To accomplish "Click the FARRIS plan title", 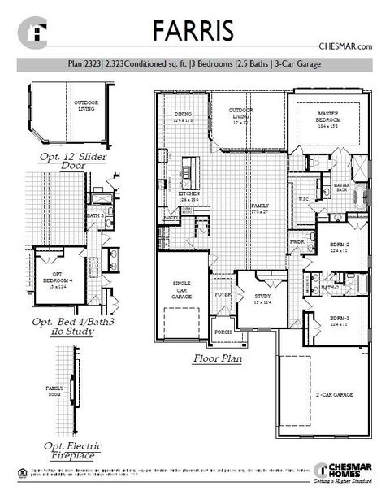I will tap(194, 29).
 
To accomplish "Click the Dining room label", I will tap(184, 116).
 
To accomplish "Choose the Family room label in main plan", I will tap(259, 207).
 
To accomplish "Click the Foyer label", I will tap(222, 294).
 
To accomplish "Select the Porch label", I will tap(222, 331).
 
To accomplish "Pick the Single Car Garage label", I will tap(181, 288).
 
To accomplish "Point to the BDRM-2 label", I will tap(340, 245).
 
